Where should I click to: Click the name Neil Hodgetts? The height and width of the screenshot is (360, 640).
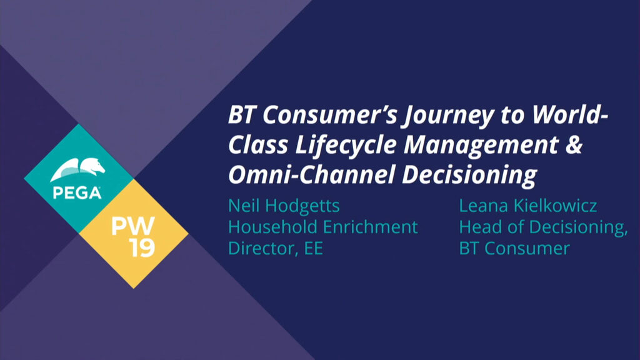coord(284,206)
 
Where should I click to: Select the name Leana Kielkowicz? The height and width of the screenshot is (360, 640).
coord(528,206)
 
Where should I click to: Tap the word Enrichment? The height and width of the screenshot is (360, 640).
coord(375,227)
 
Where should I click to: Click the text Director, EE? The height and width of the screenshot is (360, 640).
coord(275,247)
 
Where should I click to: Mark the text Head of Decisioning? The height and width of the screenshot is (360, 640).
coord(542,227)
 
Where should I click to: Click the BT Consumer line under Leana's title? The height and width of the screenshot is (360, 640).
coord(514,247)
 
